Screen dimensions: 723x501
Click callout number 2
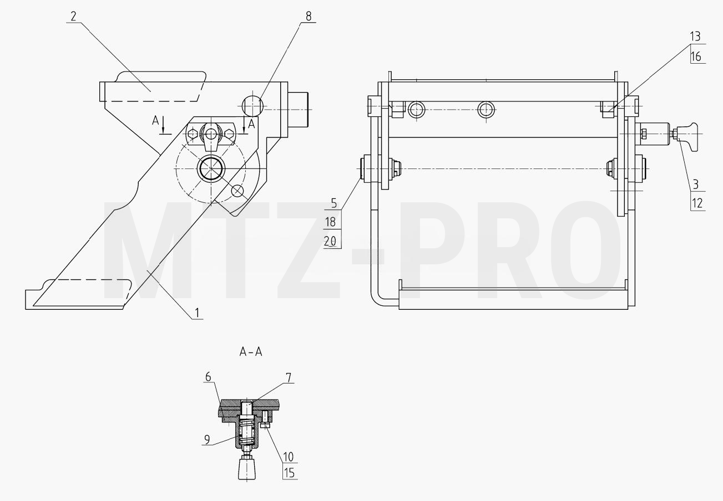[x=74, y=17]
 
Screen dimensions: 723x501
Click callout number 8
[x=309, y=17]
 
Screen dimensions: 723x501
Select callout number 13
[x=695, y=37]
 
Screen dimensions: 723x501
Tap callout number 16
[x=696, y=57]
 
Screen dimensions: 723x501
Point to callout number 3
[x=696, y=185]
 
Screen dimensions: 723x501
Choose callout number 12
[x=697, y=203]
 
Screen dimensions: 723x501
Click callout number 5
[x=334, y=203]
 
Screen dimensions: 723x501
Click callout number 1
[x=197, y=313]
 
